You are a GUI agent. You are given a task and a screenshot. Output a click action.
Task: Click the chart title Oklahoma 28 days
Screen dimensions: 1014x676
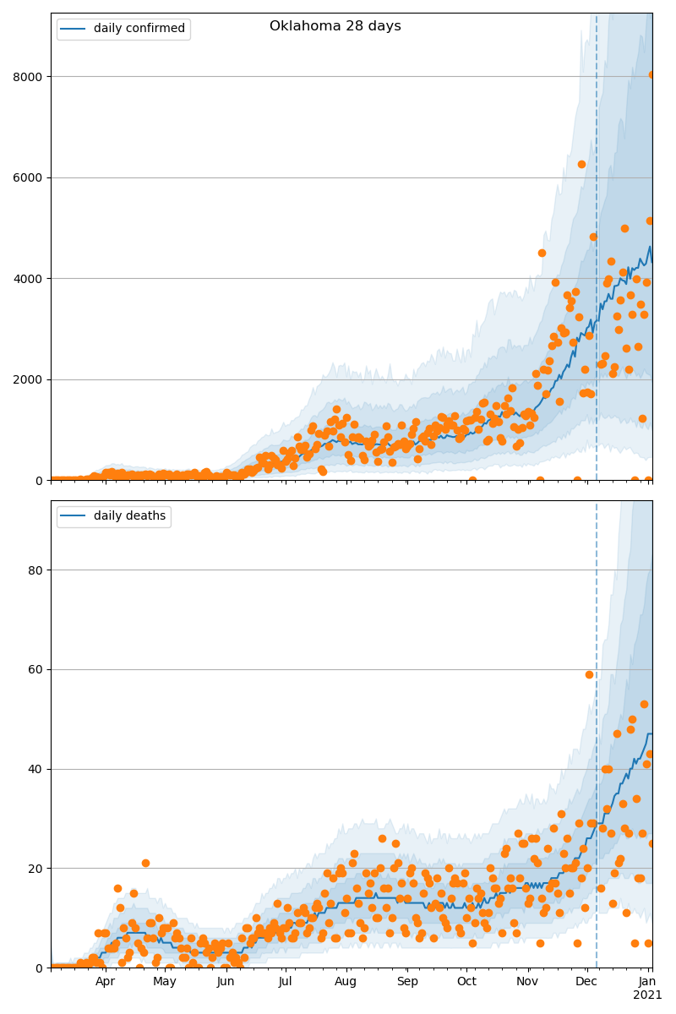(x=335, y=26)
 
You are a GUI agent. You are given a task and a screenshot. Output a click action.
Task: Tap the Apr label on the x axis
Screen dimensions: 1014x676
(x=105, y=982)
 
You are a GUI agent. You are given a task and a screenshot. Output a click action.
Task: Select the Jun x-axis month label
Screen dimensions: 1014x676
(x=226, y=982)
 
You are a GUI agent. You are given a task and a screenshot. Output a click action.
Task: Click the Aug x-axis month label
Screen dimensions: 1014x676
(x=346, y=982)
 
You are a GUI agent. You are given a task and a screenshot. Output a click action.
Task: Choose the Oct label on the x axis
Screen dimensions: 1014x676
(x=466, y=982)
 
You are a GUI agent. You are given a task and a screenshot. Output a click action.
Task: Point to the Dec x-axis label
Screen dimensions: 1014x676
(x=586, y=982)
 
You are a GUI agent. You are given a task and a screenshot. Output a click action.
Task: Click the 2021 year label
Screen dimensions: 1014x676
(x=647, y=995)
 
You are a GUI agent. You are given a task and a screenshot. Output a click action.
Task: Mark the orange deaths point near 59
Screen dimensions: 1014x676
(x=589, y=674)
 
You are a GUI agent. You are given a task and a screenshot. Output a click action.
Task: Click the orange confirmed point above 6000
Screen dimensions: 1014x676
(x=581, y=164)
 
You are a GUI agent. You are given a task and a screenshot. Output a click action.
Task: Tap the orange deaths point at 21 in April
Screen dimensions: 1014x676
(x=145, y=863)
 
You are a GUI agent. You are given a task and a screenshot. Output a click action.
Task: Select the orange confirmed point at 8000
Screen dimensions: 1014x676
(x=652, y=74)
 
